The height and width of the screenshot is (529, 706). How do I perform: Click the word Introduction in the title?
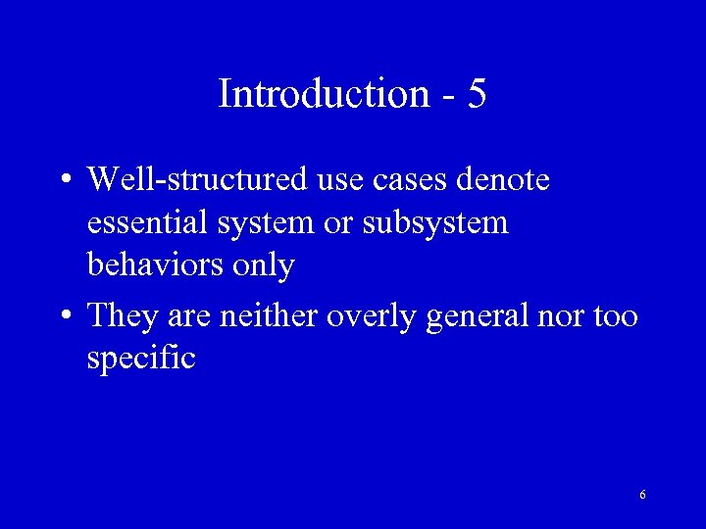point(324,94)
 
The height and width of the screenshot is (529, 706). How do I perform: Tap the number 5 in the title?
point(477,94)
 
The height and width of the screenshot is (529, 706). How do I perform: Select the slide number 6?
point(642,495)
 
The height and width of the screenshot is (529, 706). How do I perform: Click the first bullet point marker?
point(64,182)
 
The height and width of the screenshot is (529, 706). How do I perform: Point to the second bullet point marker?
point(64,317)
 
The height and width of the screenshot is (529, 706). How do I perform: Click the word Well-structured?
point(199,180)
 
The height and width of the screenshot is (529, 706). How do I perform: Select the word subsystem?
point(435,223)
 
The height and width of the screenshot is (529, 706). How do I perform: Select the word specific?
point(141,359)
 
